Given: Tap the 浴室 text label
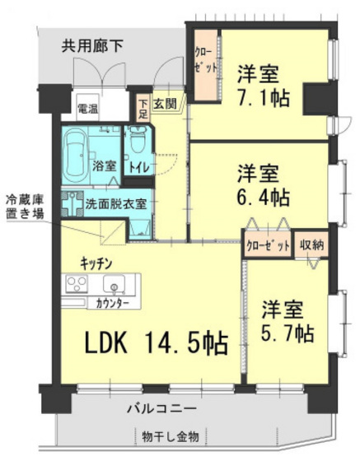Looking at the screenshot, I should click(104, 165).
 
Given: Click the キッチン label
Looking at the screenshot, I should click(96, 263).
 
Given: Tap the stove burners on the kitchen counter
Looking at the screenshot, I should click(75, 285).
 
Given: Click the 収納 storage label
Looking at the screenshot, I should click(311, 244).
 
